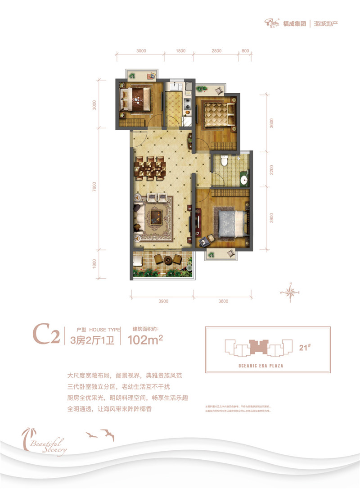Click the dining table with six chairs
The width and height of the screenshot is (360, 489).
tap(149, 168)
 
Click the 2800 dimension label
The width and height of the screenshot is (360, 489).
tap(216, 51)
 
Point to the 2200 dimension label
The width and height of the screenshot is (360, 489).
tap(272, 170)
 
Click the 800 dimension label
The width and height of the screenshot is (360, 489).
tap(245, 51)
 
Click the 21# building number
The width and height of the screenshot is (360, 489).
tap(303, 347)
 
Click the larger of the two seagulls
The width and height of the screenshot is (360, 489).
tap(108, 435)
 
